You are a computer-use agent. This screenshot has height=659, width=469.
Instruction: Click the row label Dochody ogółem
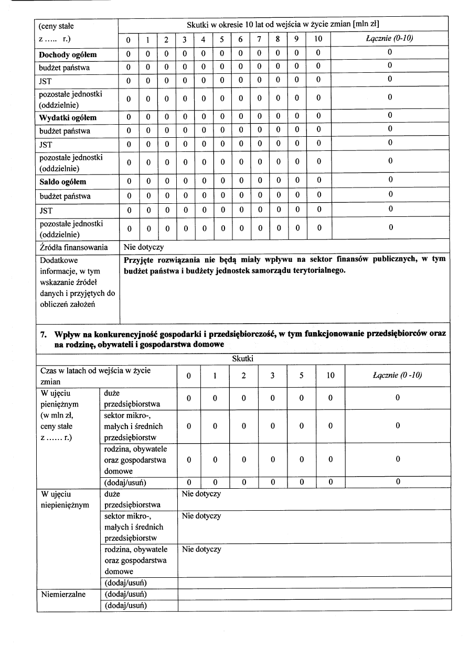pos(68,54)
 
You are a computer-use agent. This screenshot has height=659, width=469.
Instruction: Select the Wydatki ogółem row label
pos(68,117)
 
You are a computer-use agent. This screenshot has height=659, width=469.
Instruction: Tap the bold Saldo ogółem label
pos(62,182)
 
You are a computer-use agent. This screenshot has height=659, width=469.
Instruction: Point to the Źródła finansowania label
pos(73,247)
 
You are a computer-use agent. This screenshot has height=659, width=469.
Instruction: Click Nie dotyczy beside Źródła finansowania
pos(143,247)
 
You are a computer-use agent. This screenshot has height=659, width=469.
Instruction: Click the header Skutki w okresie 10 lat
pos(283,25)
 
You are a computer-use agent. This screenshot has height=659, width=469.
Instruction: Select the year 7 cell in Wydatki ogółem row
pos(259,118)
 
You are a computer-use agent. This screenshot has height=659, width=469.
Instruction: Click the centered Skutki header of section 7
pos(243,359)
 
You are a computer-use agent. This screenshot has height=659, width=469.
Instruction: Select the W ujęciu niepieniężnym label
pos(64,500)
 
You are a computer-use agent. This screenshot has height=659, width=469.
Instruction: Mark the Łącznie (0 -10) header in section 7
pos(397,376)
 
